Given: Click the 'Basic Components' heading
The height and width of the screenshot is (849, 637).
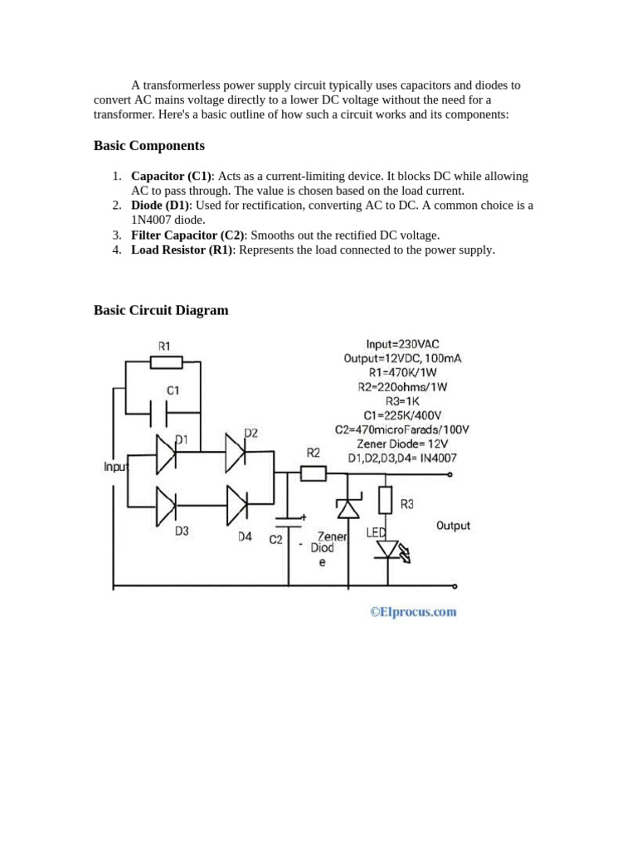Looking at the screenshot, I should tap(149, 146).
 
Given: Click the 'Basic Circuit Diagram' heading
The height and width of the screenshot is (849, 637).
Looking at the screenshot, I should tap(161, 310).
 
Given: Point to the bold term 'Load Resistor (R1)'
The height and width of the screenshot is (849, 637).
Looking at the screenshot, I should tap(182, 250).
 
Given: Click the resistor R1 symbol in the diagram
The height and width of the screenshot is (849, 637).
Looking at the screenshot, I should tap(165, 362).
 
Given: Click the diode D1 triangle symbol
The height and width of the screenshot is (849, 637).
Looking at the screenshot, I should tap(166, 453).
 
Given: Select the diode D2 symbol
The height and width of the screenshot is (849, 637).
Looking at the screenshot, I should tap(236, 452).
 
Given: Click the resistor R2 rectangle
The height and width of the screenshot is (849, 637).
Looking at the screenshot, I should tap(313, 474).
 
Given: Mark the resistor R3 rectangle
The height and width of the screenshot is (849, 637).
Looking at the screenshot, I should tap(385, 500).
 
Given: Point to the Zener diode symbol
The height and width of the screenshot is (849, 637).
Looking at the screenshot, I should tap(348, 507).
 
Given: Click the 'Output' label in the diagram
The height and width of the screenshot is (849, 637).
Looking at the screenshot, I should tap(453, 526).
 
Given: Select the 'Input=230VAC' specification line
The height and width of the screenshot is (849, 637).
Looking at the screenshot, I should tap(402, 343).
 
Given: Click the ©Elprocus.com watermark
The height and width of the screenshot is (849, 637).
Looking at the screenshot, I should tap(413, 612).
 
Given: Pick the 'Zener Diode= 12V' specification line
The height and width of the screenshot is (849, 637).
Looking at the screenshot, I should tap(402, 444).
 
